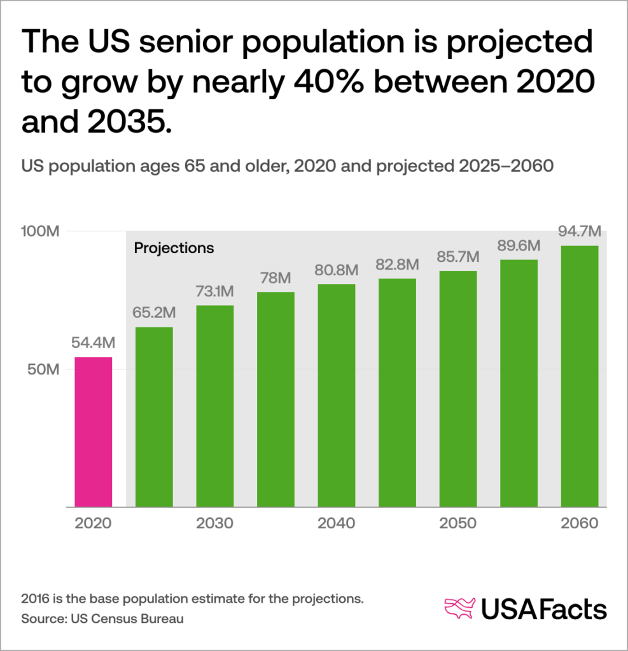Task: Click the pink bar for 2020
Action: coord(94,432)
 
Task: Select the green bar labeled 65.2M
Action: coord(154,417)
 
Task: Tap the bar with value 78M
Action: coord(276,399)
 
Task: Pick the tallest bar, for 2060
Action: coord(580,376)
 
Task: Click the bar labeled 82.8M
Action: coord(397,393)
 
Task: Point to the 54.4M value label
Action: coord(94,343)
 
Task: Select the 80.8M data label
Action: coord(337,270)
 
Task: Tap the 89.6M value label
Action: coord(519,246)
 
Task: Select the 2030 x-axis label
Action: coord(215,524)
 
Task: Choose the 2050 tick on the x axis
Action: coord(458,524)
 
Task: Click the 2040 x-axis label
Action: coord(337,524)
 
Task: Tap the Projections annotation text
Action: coord(174,248)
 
